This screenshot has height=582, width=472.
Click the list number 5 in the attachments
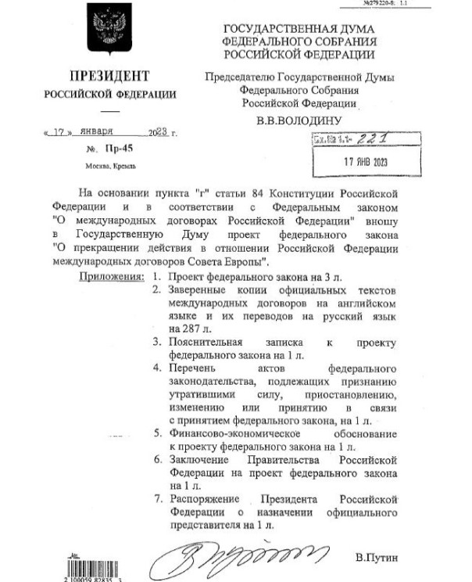(x=158, y=432)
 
